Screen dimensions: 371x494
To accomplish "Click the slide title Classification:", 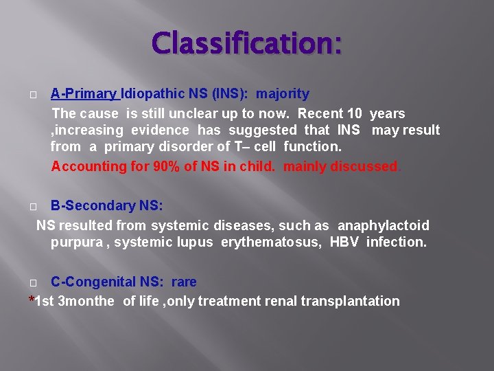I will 246,44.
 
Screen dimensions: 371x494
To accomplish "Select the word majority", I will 283,93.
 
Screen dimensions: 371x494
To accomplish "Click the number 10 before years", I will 355,113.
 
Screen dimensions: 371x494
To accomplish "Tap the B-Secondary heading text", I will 106,205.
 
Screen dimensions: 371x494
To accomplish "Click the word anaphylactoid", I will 384,225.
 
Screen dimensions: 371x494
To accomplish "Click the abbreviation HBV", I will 344,242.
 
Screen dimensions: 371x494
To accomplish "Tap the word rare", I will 184,282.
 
